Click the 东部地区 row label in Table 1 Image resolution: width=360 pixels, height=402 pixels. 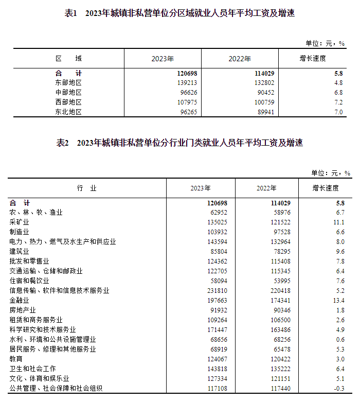pyautogui.click(x=68, y=82)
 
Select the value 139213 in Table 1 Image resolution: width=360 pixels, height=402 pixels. pyautogui.click(x=187, y=82)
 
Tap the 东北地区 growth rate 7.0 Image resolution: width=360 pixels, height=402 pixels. pyautogui.click(x=338, y=112)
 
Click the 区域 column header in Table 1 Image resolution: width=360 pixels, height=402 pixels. pyautogui.click(x=68, y=59)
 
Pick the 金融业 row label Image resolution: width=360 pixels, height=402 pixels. pyautogui.click(x=20, y=300)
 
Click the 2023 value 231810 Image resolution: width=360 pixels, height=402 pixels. pyautogui.click(x=217, y=290)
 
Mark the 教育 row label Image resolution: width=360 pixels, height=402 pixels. pyautogui.click(x=16, y=359)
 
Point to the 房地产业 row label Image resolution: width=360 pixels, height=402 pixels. pyautogui.click(x=23, y=310)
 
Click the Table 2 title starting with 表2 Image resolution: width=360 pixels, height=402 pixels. pyautogui.click(x=179, y=143)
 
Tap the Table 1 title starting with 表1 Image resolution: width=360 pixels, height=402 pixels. pyautogui.click(x=179, y=14)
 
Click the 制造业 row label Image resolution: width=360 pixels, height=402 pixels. pyautogui.click(x=20, y=232)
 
